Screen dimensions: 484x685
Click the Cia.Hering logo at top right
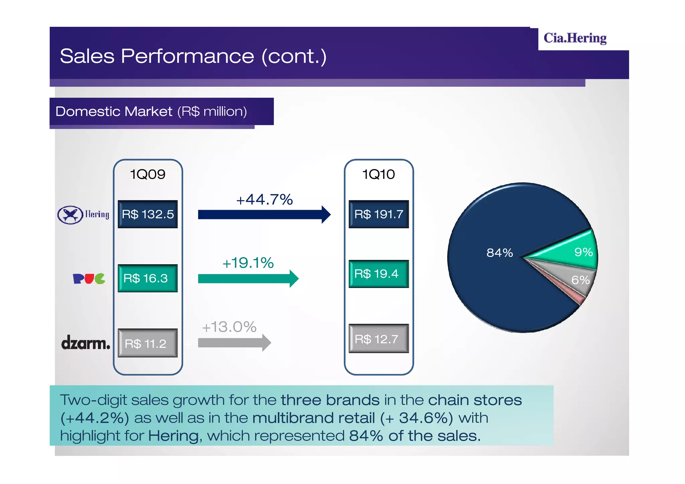click(575, 38)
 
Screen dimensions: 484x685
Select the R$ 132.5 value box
click(148, 214)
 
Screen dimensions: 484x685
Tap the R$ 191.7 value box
click(379, 214)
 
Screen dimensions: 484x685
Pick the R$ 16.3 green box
click(148, 278)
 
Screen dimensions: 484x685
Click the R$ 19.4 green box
click(379, 274)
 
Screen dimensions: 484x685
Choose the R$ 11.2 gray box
click(148, 343)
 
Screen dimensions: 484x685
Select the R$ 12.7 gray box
click(379, 338)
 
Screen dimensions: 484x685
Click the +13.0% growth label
click(229, 327)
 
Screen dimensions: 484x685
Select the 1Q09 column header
click(148, 174)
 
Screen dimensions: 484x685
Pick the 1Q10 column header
click(379, 174)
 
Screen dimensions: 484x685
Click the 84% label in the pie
click(499, 253)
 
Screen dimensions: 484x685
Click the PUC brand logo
click(89, 278)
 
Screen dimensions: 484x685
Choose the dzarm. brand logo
click(85, 343)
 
